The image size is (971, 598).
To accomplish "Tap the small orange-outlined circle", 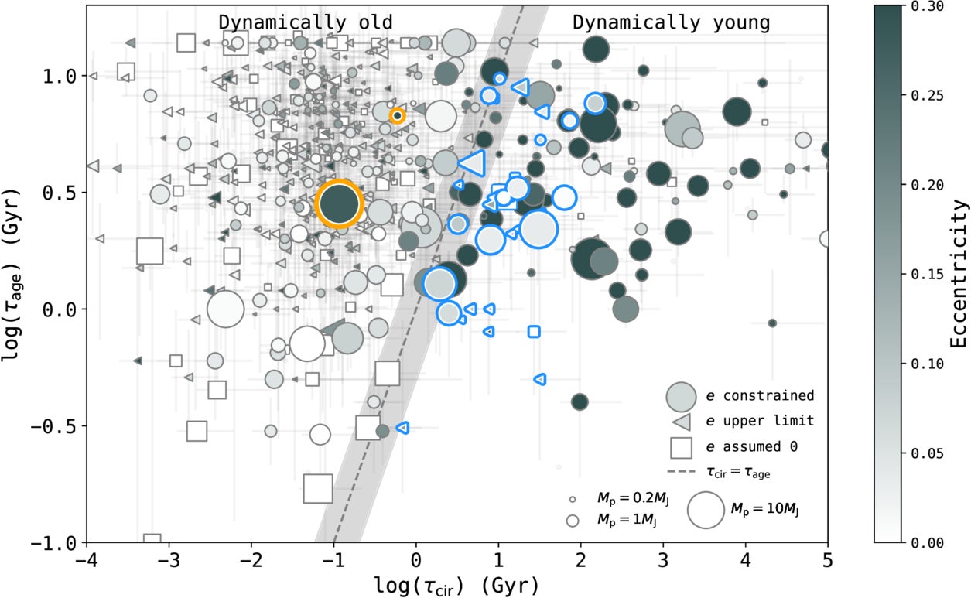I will (x=397, y=115).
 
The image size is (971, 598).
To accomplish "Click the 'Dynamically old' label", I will (x=306, y=22).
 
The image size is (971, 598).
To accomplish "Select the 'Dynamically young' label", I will (x=671, y=22).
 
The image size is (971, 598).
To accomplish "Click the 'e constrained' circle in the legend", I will (x=682, y=396).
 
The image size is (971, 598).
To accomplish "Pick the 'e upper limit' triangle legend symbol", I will (x=682, y=421).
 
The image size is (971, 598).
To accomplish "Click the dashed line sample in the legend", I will (x=682, y=470).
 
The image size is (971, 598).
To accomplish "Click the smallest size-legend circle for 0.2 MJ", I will (x=573, y=499).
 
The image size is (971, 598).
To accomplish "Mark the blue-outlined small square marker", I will (x=534, y=331).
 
